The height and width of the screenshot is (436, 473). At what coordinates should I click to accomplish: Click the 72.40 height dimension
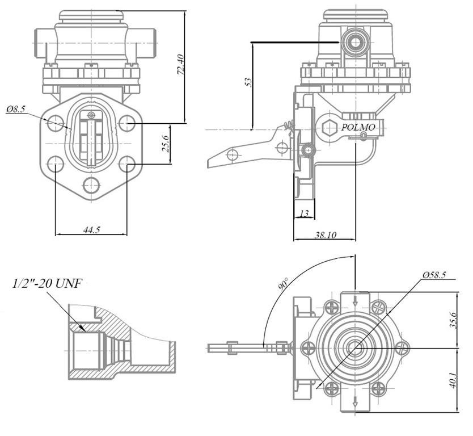(180, 64)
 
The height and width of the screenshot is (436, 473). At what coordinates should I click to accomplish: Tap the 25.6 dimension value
(165, 144)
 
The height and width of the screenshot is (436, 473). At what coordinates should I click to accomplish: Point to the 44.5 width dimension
(91, 229)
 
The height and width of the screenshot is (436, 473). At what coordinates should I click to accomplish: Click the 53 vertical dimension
(248, 82)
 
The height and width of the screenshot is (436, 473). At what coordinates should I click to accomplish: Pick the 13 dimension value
(304, 213)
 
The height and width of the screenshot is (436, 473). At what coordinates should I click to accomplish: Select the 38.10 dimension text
(325, 235)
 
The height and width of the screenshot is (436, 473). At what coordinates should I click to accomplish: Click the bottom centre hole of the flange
(91, 185)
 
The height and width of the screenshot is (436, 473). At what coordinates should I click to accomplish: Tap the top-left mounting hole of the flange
(55, 123)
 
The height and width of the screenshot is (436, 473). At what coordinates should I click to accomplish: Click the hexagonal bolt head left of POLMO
(330, 128)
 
